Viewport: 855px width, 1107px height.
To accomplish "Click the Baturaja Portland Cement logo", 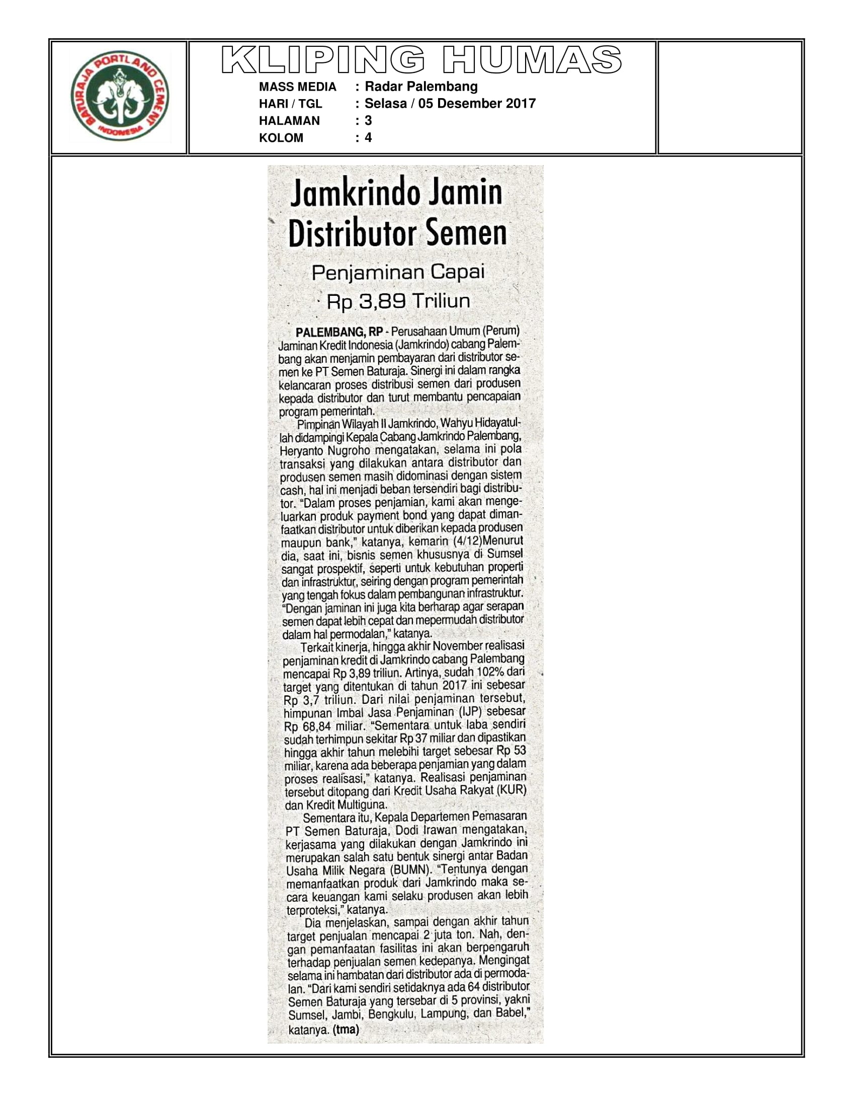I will point(120,96).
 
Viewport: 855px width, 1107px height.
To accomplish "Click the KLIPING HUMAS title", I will point(421,60).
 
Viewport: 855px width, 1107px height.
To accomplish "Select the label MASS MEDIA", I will point(297,87).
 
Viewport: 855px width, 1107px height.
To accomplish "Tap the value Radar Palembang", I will point(421,87).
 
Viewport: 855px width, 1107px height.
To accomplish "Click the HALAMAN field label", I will point(289,121).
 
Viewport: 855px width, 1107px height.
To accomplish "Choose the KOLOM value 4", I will point(368,138).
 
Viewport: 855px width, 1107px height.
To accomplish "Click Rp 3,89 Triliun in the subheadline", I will point(398,301).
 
